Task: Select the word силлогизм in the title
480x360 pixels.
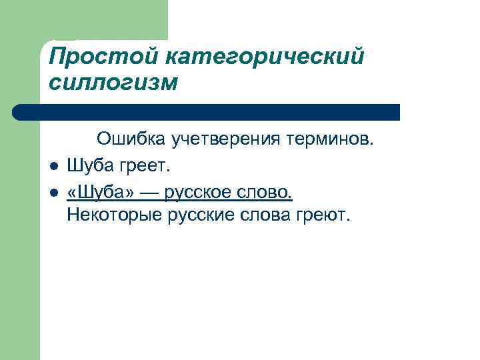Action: click(113, 83)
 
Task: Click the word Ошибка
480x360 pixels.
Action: click(131, 140)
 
